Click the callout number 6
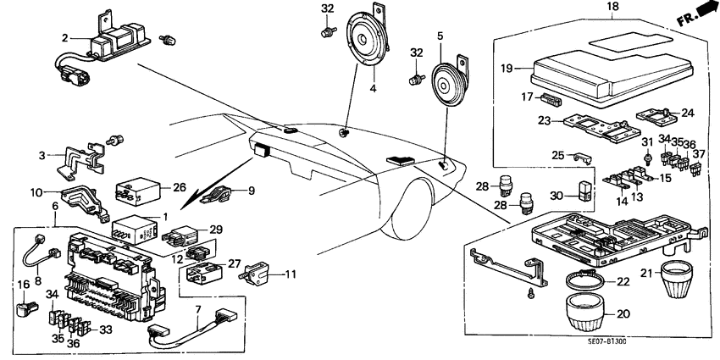pyautogui.click(x=56, y=206)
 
